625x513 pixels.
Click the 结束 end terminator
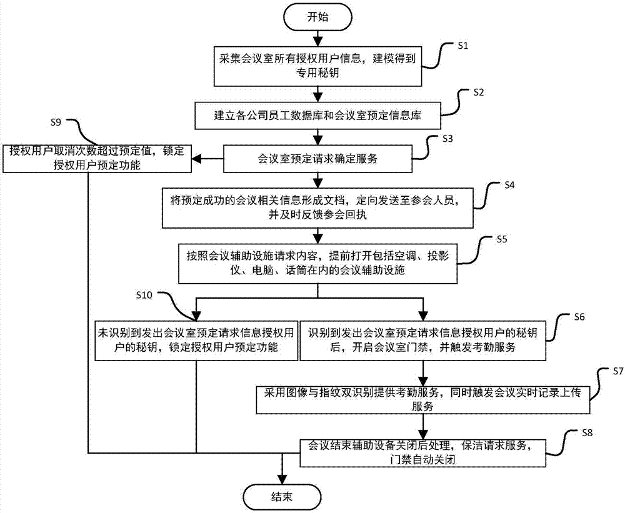279,497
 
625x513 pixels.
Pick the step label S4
511,185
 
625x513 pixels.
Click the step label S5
502,238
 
